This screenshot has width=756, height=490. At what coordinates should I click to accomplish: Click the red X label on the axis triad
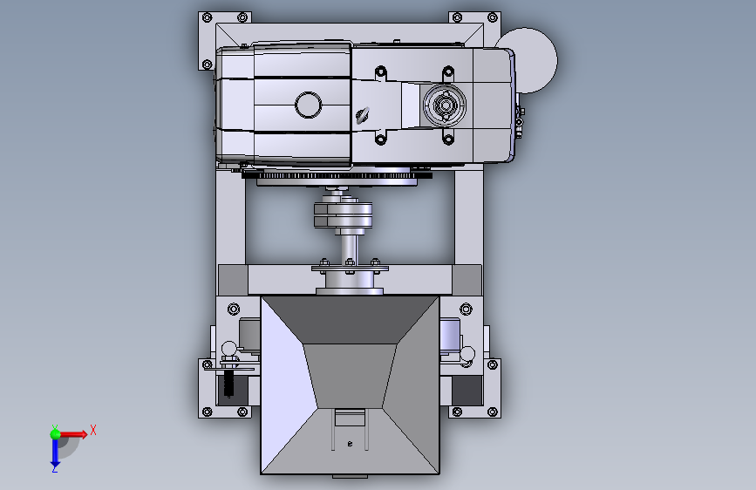pyautogui.click(x=93, y=430)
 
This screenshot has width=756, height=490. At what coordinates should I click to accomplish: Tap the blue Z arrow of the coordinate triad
pyautogui.click(x=55, y=453)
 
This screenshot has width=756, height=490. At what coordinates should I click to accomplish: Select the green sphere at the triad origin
pyautogui.click(x=56, y=434)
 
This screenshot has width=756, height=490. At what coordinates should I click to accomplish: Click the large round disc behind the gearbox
pyautogui.click(x=532, y=60)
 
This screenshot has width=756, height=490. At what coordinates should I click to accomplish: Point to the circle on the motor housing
pyautogui.click(x=308, y=105)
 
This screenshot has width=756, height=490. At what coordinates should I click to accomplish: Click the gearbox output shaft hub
pyautogui.click(x=445, y=105)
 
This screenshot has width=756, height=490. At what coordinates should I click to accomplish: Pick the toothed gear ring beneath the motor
pyautogui.click(x=337, y=175)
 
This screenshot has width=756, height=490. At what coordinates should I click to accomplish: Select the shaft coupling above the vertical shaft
pyautogui.click(x=344, y=214)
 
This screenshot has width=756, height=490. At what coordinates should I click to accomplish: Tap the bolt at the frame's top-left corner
pyautogui.click(x=208, y=17)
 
